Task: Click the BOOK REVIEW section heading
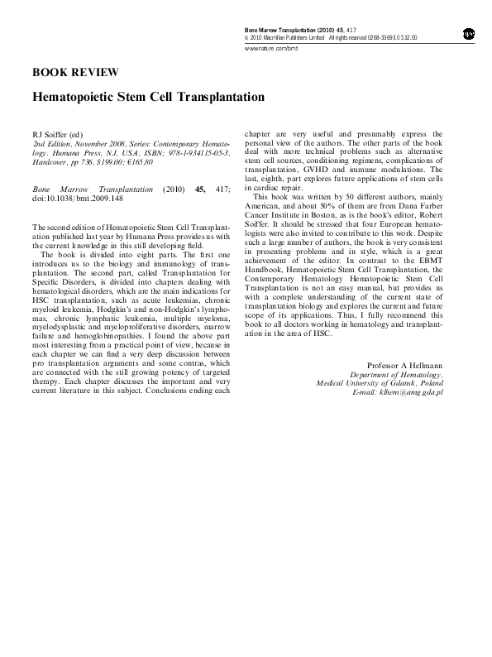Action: click(74, 73)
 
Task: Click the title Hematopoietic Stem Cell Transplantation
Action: click(148, 97)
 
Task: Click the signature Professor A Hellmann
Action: click(404, 365)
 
